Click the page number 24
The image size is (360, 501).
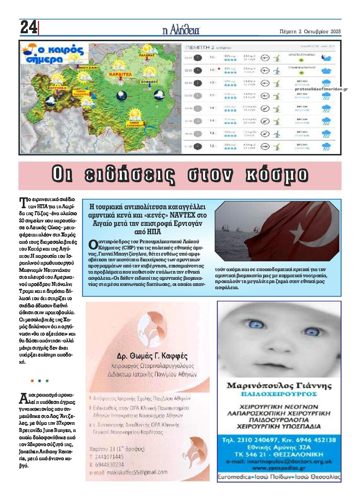(29, 27)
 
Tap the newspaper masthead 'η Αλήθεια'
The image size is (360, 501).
(181, 30)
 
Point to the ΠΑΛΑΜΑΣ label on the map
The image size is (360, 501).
(146, 56)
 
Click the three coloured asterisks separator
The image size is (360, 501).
(39, 381)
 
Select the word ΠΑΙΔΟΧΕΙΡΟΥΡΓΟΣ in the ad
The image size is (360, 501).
(279, 394)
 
